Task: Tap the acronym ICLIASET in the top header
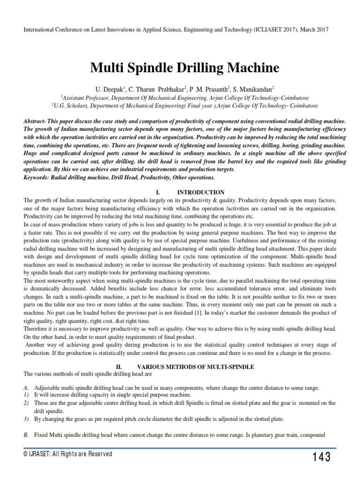(255, 30)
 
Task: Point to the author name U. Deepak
(109, 89)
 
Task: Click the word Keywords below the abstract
(36, 178)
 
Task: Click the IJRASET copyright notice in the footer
(67, 454)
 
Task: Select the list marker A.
(26, 389)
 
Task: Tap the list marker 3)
(26, 419)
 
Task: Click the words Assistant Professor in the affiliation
(86, 97)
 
